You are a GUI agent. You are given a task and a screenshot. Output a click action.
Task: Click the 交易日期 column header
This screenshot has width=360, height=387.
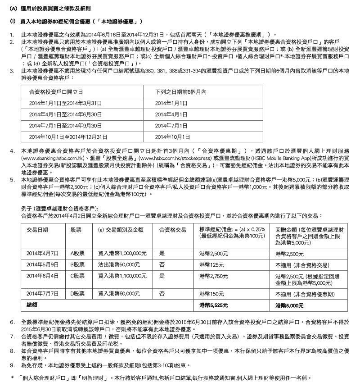[x=38, y=229]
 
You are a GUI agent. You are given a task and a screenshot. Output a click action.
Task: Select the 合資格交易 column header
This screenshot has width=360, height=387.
[x=172, y=229]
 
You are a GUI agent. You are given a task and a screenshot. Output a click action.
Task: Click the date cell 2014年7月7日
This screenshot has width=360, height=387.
[x=43, y=293]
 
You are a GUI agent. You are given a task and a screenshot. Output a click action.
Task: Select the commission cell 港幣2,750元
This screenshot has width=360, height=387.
[x=213, y=275]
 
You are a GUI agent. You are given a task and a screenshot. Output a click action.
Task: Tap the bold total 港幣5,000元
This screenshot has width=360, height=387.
[x=289, y=305]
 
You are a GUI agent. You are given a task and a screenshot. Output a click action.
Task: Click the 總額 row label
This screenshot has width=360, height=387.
[x=33, y=305]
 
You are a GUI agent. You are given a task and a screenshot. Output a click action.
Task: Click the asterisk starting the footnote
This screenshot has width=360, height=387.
[x=12, y=376]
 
